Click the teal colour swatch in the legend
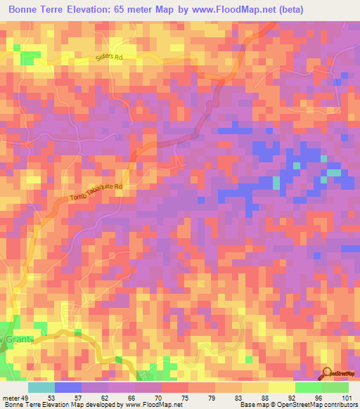pyautogui.click(x=41, y=387)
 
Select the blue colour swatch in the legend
pyautogui.click(x=68, y=387)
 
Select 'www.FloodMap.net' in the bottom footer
pyautogui.click(x=151, y=405)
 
